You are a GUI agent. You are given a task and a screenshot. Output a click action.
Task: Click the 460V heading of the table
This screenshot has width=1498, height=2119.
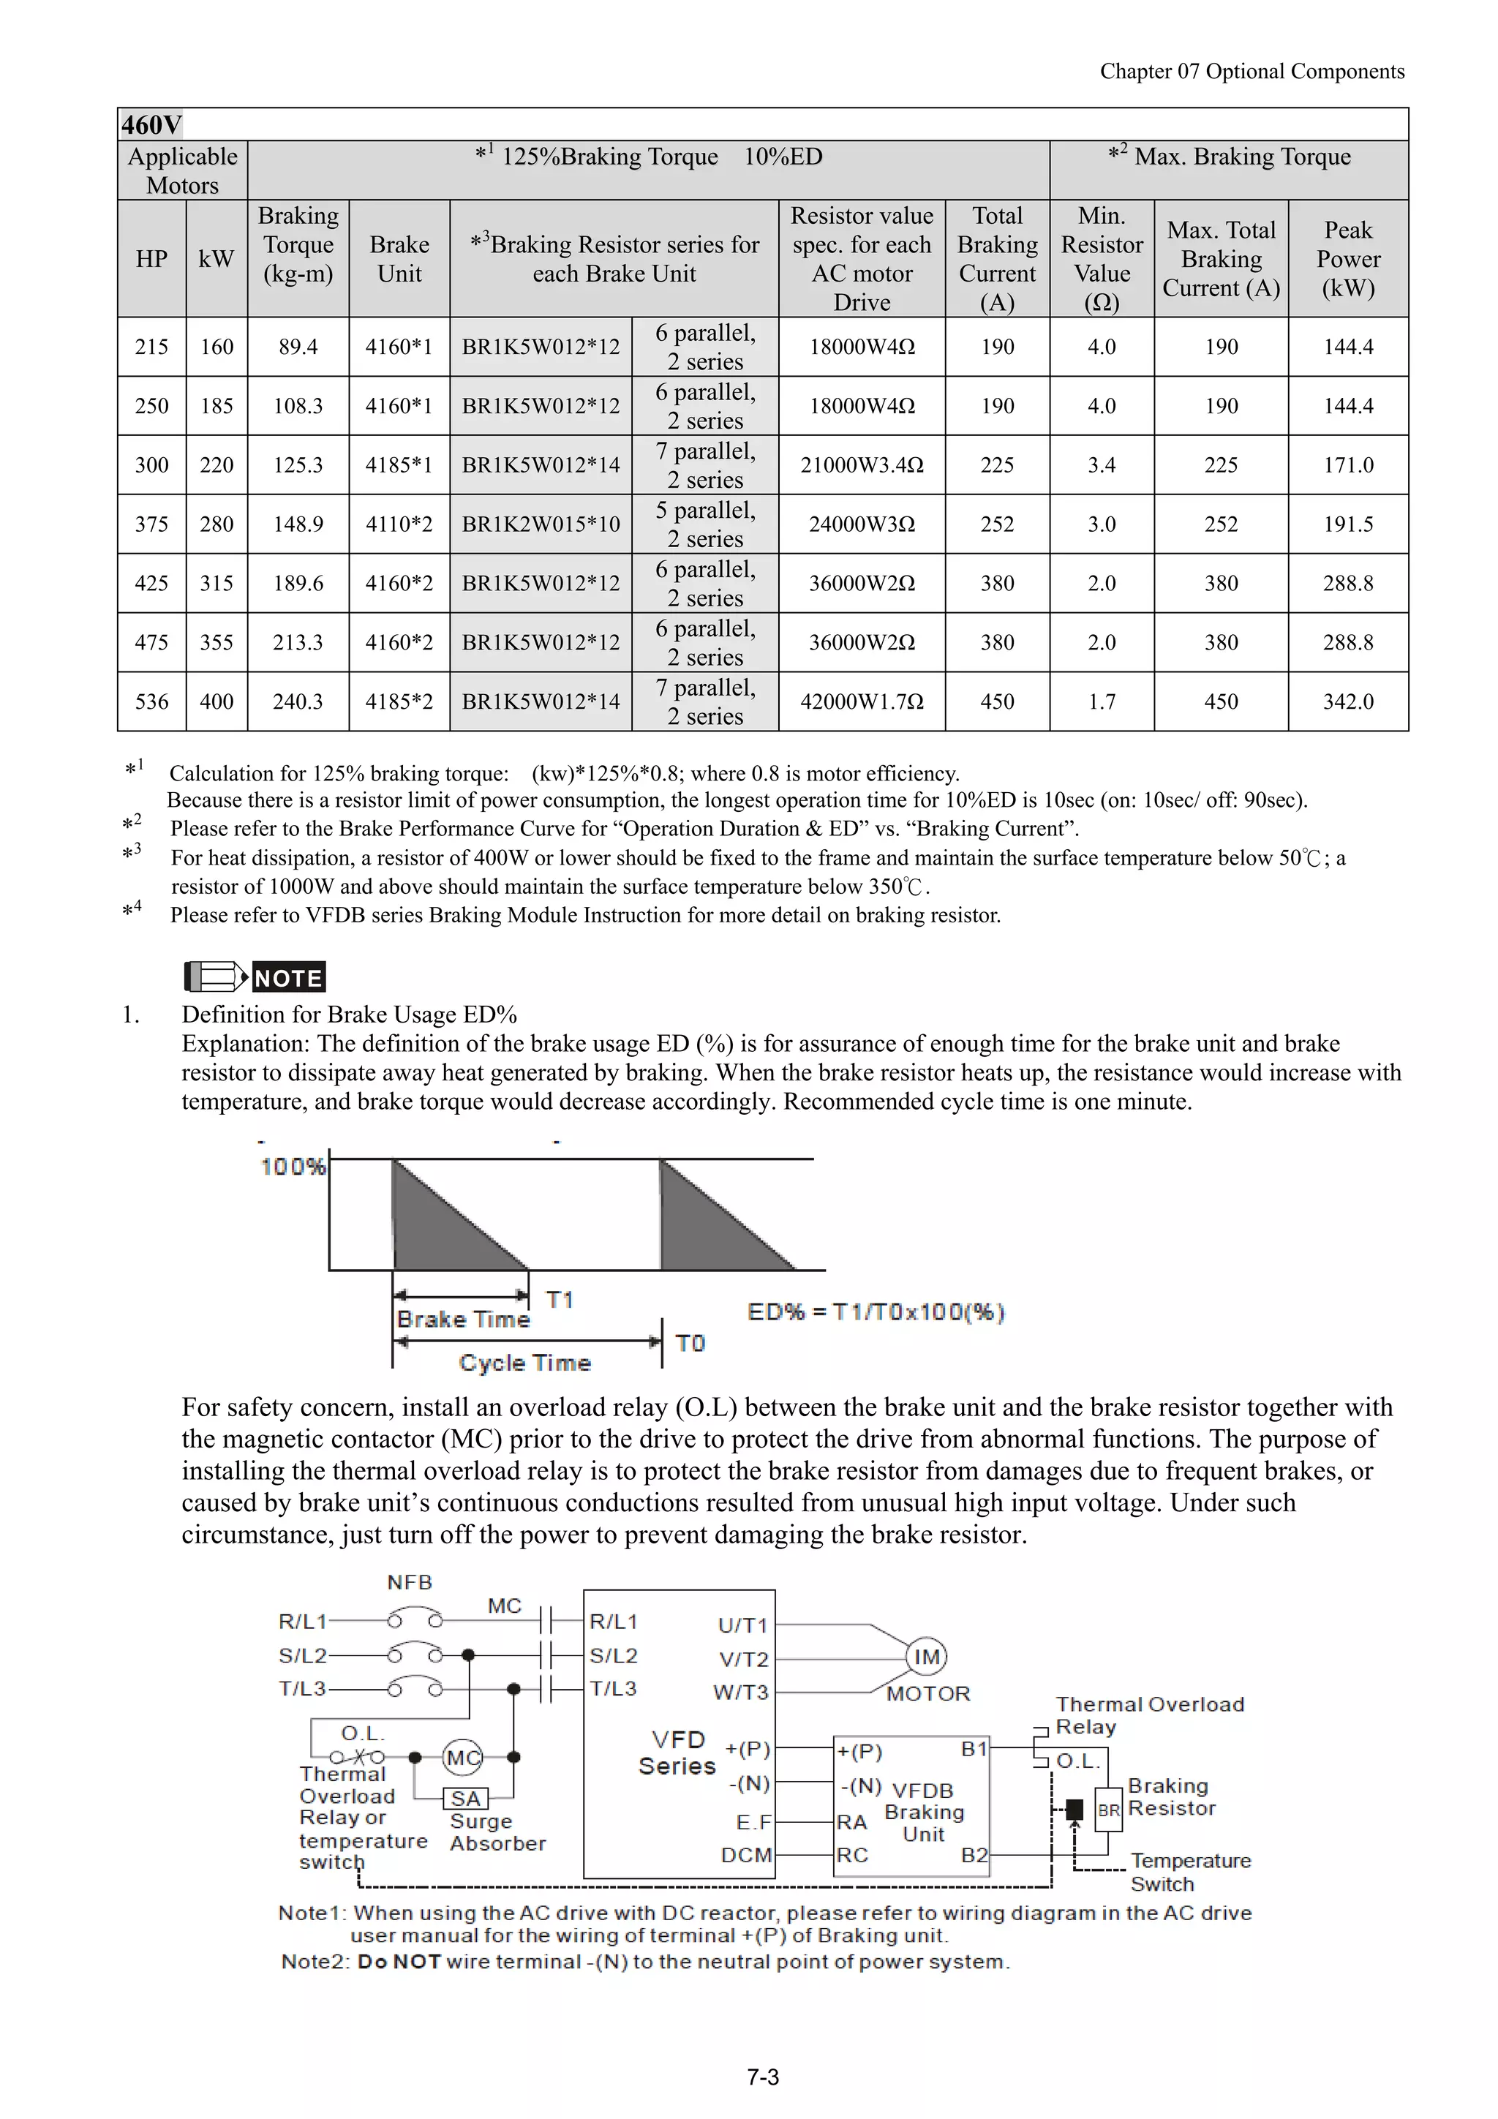coord(152,124)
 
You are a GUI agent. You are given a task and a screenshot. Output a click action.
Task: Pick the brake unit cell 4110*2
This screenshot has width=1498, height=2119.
coord(399,524)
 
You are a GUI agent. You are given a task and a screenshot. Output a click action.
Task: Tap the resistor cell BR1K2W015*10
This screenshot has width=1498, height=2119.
coord(541,524)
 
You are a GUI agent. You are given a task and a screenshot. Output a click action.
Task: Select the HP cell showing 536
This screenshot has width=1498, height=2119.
coord(151,701)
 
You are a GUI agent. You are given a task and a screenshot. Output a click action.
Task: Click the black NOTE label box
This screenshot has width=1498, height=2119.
coord(288,977)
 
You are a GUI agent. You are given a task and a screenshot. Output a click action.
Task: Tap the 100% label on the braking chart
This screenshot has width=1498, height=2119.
coord(293,1167)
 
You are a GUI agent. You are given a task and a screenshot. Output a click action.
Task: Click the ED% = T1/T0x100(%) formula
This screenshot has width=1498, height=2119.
coord(875,1311)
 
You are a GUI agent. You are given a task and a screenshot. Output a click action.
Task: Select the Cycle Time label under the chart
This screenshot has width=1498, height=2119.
coord(524,1363)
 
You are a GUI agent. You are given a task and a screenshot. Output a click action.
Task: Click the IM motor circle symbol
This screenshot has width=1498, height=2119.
coord(926,1657)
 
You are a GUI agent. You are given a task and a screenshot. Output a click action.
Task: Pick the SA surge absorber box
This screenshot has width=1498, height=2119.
coord(465,1799)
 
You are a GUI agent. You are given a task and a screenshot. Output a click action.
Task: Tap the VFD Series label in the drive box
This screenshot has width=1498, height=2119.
coord(678,1753)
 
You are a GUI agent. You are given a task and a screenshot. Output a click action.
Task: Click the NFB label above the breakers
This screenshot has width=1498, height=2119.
coord(410,1583)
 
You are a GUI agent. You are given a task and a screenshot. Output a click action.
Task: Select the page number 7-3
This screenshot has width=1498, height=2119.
coord(762,2077)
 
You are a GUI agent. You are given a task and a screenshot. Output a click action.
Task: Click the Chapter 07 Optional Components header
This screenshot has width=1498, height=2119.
coord(1252,72)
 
